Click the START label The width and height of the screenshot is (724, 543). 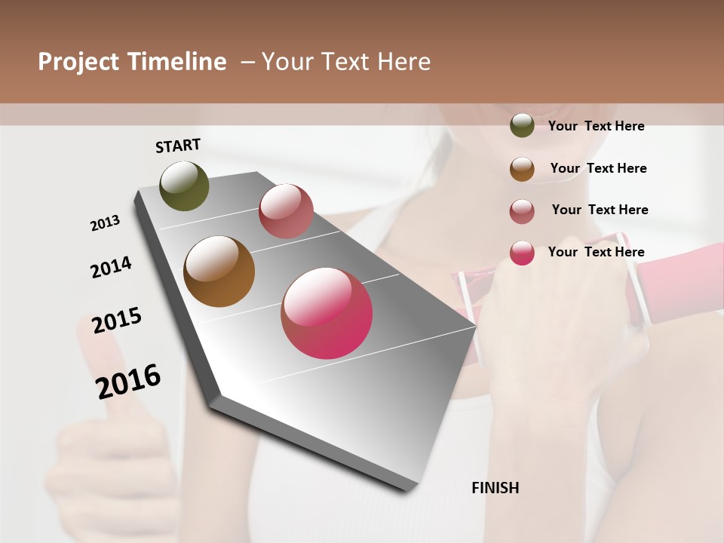[178, 146]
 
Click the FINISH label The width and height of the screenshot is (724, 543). [495, 488]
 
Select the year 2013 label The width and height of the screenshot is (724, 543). [105, 223]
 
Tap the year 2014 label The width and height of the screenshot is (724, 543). [111, 267]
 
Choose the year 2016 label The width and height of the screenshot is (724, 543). [128, 381]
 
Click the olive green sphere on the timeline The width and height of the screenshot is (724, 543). [184, 186]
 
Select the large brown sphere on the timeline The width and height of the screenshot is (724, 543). [219, 271]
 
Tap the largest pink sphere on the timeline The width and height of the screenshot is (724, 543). [327, 313]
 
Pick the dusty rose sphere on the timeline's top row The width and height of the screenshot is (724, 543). [286, 210]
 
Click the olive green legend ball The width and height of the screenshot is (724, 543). [522, 126]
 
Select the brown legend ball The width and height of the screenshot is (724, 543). [522, 169]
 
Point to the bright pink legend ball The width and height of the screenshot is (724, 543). [522, 253]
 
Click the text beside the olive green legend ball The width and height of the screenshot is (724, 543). [596, 127]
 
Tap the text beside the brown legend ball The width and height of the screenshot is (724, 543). [598, 168]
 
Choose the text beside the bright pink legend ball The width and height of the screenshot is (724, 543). [596, 252]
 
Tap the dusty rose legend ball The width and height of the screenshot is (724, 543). [522, 211]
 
